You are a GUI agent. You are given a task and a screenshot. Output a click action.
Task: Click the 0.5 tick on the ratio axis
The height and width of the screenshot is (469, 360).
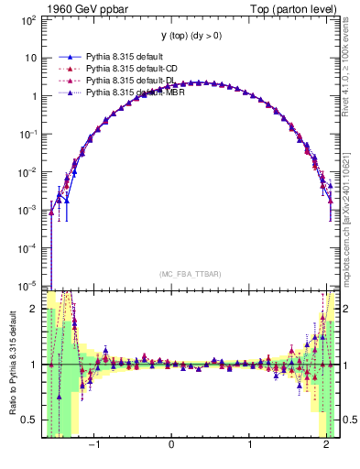pos(28,420)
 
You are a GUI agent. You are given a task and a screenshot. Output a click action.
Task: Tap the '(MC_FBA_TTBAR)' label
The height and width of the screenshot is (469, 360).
pos(190,274)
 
